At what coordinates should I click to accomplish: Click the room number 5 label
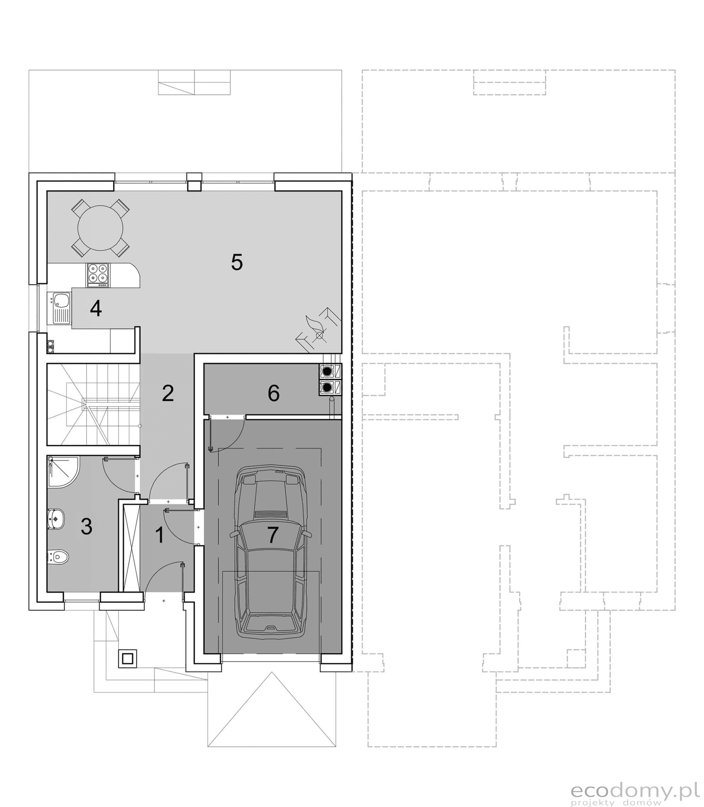[x=236, y=262]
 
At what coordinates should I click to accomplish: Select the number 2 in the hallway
[x=168, y=393]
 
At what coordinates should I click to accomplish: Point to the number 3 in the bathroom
[x=87, y=526]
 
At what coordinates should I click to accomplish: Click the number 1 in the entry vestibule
[x=159, y=535]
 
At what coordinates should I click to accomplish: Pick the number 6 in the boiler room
[x=274, y=393]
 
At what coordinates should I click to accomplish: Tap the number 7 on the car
[x=273, y=534]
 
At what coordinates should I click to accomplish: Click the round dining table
[x=100, y=228]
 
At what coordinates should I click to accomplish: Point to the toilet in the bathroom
[x=59, y=556]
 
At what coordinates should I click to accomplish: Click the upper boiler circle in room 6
[x=327, y=370]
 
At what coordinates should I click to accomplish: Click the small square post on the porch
[x=127, y=658]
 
